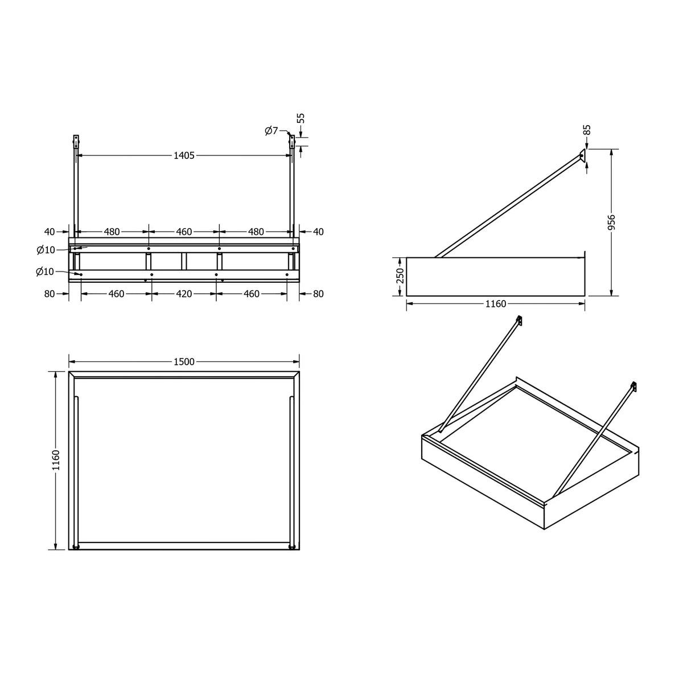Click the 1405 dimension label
[184, 155]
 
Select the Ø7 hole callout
[271, 131]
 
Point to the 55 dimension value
[301, 118]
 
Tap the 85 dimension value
[587, 130]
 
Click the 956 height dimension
[612, 222]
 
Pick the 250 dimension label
[400, 275]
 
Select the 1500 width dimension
[184, 361]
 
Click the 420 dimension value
[184, 294]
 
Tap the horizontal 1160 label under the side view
[496, 304]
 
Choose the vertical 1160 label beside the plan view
[56, 460]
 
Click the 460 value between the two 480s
[184, 232]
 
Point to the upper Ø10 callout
[46, 250]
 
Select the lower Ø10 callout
[45, 272]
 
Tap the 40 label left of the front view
[50, 232]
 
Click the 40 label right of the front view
[318, 232]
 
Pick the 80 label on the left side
[50, 294]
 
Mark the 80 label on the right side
[318, 294]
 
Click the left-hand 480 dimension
[112, 232]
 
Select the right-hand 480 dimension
[256, 232]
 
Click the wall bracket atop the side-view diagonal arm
[582, 157]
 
